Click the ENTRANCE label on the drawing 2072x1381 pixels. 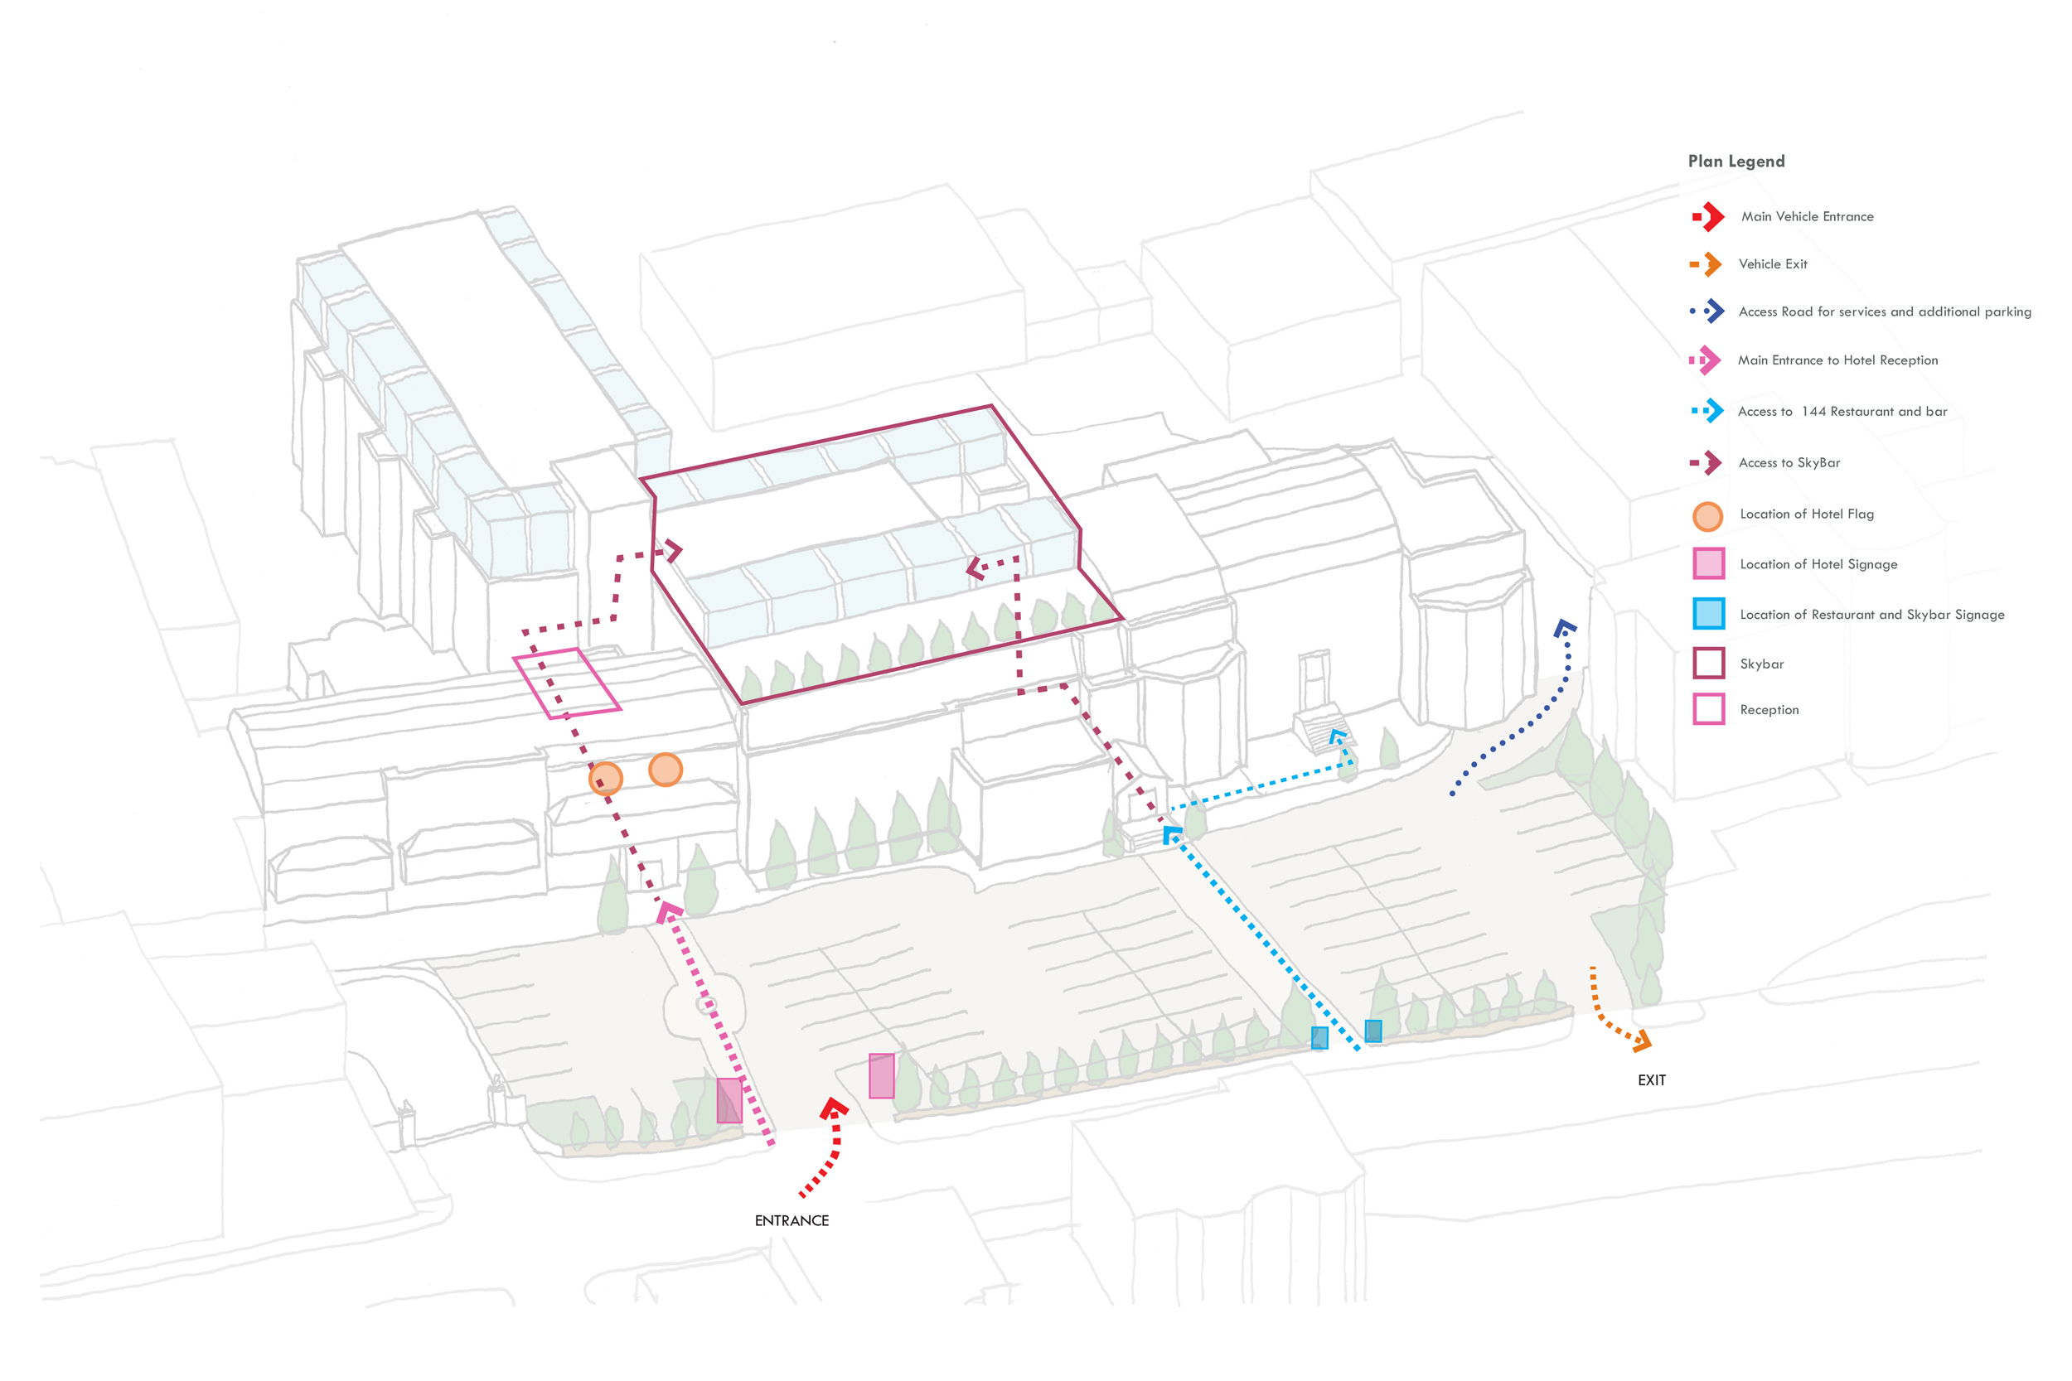tap(792, 1221)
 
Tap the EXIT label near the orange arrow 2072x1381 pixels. tap(1651, 1079)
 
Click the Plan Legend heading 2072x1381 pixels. tap(1736, 162)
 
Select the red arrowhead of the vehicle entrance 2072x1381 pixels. tap(834, 1108)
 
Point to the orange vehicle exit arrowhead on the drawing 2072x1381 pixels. tap(1641, 1043)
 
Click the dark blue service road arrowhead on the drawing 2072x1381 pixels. tap(1565, 628)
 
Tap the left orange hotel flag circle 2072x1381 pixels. tap(605, 779)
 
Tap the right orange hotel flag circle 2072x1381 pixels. tap(666, 770)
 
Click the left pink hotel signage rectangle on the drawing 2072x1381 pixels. tap(729, 1100)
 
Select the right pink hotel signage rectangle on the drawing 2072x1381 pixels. tap(881, 1075)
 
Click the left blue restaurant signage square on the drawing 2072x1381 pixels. tap(1319, 1037)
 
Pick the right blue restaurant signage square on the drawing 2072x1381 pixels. tap(1372, 1031)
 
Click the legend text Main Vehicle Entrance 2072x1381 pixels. tap(1807, 217)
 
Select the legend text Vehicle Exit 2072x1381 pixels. tap(1773, 264)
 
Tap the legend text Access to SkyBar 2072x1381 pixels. tap(1789, 463)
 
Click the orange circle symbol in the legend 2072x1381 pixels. tap(1707, 516)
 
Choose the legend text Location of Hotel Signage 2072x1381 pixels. tap(1818, 564)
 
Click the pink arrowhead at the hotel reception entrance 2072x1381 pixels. tap(669, 912)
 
